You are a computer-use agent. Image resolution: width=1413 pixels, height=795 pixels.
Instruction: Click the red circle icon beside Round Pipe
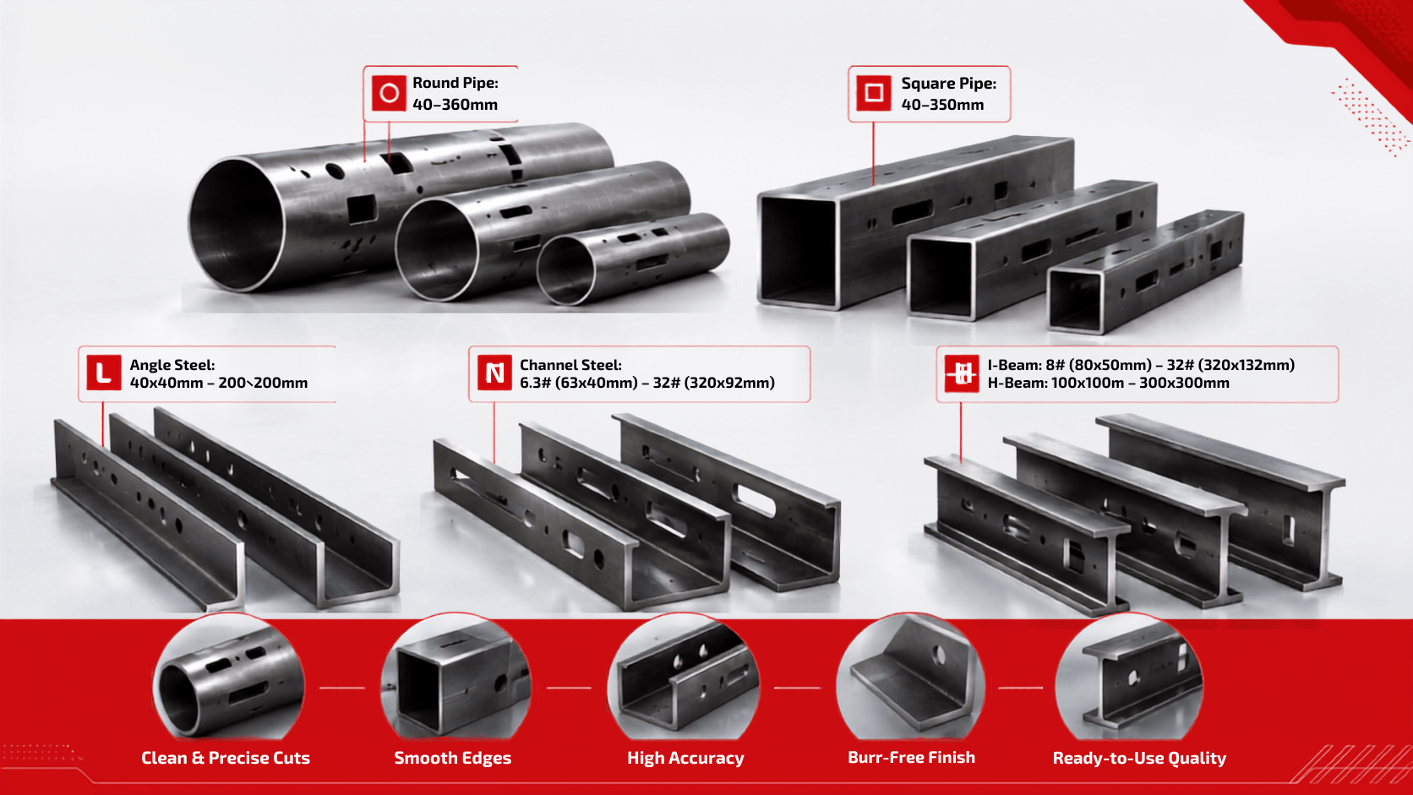click(x=389, y=93)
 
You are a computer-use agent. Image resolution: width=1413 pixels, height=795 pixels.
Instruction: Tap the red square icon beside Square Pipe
click(x=874, y=93)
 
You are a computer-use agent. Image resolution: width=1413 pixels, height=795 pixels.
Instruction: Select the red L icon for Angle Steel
click(x=103, y=373)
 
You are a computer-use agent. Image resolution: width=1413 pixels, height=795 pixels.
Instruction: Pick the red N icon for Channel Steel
click(x=494, y=373)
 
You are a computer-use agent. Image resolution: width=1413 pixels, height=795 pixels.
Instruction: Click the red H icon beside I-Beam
click(x=962, y=373)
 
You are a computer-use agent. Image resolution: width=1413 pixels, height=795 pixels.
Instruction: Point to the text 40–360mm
click(x=455, y=105)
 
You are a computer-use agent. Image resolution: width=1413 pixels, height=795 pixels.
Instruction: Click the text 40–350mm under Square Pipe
click(x=942, y=105)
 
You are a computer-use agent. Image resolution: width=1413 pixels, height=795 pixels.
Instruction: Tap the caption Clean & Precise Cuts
click(x=225, y=758)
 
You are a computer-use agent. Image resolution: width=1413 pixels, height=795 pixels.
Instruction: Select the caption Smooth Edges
click(x=452, y=758)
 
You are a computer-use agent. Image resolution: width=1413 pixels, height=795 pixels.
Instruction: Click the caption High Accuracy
click(x=685, y=758)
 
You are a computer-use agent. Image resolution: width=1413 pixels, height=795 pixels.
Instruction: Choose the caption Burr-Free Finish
click(x=912, y=757)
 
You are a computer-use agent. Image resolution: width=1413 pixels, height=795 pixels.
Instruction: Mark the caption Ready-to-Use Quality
click(x=1139, y=758)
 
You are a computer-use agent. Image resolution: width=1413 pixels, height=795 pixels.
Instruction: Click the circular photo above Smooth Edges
click(x=456, y=678)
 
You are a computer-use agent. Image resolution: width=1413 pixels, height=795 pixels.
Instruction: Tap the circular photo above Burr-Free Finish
click(x=910, y=678)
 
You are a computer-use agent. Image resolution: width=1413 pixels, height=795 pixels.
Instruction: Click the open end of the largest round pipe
click(x=237, y=225)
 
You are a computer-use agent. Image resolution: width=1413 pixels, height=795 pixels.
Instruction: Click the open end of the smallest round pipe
click(x=566, y=270)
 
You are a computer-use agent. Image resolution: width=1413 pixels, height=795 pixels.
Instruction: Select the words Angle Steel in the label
click(x=172, y=365)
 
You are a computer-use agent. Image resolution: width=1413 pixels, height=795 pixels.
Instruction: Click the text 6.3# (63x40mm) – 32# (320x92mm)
click(x=647, y=383)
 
